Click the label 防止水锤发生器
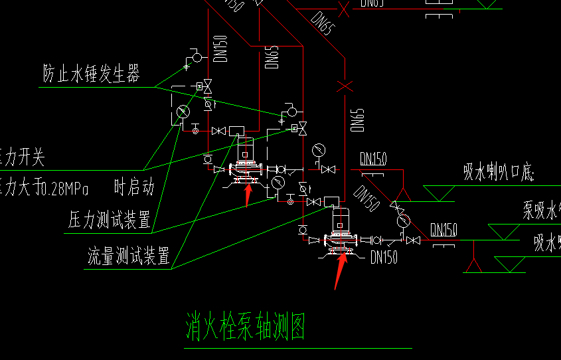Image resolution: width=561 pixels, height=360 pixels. point(92,74)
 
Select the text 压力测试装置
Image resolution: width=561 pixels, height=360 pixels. point(110,221)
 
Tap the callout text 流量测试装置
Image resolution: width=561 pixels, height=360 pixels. point(129,255)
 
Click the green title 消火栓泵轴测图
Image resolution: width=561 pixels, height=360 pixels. point(245,327)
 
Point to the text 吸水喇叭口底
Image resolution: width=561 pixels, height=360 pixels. point(499,174)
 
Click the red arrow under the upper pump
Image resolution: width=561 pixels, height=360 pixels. point(248,193)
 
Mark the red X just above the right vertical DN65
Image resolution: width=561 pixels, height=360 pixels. point(344,86)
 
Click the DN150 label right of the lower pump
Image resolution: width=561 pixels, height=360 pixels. point(384,257)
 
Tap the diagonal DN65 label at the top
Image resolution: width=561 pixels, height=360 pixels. point(320,25)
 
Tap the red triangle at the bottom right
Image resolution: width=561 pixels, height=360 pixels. point(473,265)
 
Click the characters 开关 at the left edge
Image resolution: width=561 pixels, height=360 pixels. point(30,158)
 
